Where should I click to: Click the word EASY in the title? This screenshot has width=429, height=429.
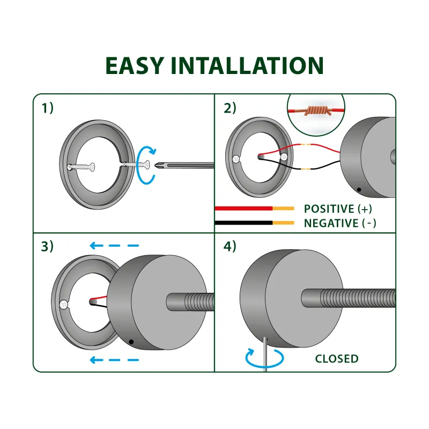click(x=135, y=65)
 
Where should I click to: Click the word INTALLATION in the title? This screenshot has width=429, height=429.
click(x=248, y=65)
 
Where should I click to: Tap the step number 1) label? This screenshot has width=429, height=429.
click(x=48, y=108)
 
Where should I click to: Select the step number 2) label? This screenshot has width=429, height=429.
click(x=230, y=108)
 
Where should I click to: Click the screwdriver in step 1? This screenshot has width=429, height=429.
click(x=182, y=164)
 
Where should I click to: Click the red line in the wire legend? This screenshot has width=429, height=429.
click(x=244, y=208)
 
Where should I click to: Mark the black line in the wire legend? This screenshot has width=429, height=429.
click(x=244, y=223)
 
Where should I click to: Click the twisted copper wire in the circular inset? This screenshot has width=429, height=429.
click(x=316, y=111)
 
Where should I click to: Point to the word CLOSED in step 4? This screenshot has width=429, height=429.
click(x=337, y=359)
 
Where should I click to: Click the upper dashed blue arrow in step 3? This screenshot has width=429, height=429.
click(x=114, y=246)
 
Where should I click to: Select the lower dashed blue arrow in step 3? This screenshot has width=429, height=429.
click(x=114, y=360)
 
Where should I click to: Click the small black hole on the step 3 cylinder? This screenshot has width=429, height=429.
click(x=131, y=342)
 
